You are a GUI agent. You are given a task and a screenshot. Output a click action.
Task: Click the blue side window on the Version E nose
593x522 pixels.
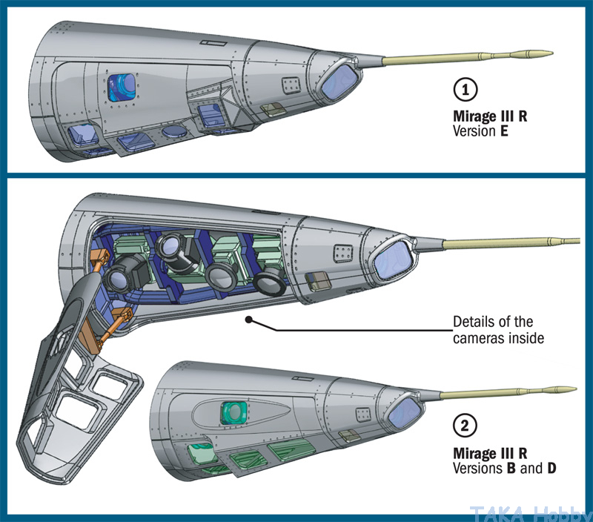[122, 87]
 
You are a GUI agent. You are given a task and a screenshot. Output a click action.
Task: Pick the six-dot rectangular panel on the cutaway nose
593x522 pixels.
[342, 253]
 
